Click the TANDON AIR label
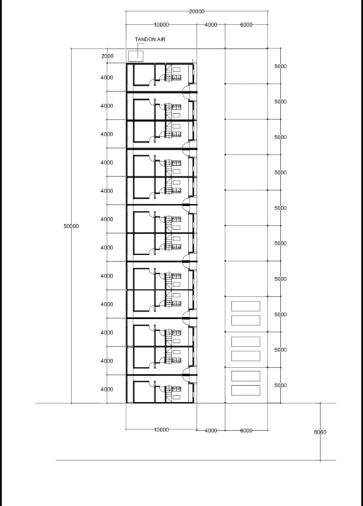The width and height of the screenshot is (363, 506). pyautogui.click(x=150, y=39)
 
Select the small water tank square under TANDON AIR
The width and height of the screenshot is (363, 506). pyautogui.click(x=136, y=56)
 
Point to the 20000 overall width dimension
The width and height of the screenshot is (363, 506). pyautogui.click(x=197, y=12)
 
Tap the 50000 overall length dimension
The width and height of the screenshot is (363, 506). pyautogui.click(x=71, y=226)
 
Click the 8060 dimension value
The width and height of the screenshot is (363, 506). pyautogui.click(x=320, y=432)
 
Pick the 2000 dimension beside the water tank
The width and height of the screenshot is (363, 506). pyautogui.click(x=107, y=56)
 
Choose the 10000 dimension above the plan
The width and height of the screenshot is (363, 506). pyautogui.click(x=161, y=25)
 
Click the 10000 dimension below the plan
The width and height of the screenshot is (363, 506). pyautogui.click(x=161, y=430)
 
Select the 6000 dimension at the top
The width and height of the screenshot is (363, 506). pyautogui.click(x=246, y=25)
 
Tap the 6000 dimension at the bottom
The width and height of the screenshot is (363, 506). pyautogui.click(x=246, y=431)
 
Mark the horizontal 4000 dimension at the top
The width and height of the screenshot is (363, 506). pyautogui.click(x=211, y=25)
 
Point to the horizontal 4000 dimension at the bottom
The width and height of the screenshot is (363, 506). pyautogui.click(x=211, y=431)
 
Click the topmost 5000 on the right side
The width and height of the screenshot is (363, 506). pyautogui.click(x=280, y=67)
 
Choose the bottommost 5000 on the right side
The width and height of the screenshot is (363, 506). pyautogui.click(x=280, y=385)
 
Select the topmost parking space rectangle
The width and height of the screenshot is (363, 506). pyautogui.click(x=246, y=306)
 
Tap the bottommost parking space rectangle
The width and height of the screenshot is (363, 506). pyautogui.click(x=246, y=390)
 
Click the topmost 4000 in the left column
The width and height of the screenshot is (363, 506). pyautogui.click(x=107, y=78)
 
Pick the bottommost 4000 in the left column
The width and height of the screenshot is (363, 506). pyautogui.click(x=107, y=389)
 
